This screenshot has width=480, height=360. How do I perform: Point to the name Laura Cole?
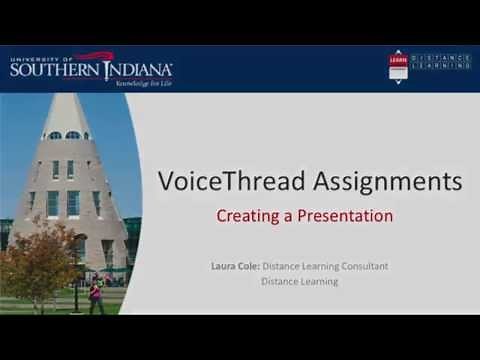[234, 266]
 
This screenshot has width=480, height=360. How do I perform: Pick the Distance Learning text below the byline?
[299, 281]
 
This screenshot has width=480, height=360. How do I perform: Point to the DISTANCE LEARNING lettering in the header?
[440, 62]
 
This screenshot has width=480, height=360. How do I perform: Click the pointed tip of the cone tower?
[67, 96]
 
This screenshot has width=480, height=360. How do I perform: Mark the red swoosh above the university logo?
[95, 56]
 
